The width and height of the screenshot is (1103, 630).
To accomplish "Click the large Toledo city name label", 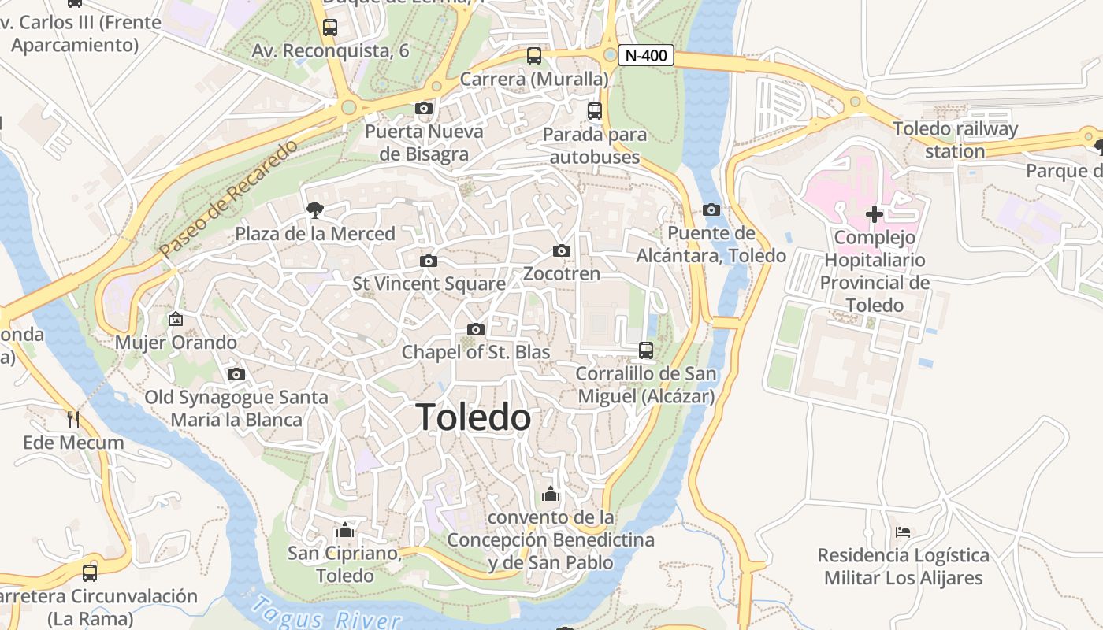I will point(474,417).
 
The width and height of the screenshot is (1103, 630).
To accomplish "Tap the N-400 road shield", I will point(645,55).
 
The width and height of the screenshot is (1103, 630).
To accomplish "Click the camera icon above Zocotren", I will point(561,250).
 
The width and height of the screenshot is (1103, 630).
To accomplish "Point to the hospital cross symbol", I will point(874,213).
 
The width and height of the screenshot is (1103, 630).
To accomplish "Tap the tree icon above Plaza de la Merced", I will point(315,209).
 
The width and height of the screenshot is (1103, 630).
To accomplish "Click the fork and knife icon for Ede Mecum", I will point(73,419).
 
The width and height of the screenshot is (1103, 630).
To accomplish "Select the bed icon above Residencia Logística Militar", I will point(903,532).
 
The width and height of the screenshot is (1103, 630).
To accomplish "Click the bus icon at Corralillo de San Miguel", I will point(646,350).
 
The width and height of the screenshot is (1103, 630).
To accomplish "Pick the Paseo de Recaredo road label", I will point(229,198).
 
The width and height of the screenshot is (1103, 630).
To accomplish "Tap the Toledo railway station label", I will point(955,139).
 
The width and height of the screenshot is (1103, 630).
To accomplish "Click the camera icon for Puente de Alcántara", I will point(711,209).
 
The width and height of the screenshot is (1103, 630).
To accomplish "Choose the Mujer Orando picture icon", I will point(176,319).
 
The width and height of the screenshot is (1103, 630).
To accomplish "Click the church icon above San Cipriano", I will point(344,529).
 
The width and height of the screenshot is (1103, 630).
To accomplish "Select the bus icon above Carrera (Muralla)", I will point(534,56).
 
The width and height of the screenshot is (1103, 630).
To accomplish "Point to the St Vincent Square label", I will point(429,283).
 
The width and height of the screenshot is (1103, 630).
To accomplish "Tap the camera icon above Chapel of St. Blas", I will point(475,329).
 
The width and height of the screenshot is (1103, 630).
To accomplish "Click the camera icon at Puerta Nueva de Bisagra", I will point(424,109).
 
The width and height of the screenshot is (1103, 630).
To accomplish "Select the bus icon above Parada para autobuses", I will point(595,111).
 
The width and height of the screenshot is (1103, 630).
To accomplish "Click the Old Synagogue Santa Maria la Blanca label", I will point(236,408).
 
